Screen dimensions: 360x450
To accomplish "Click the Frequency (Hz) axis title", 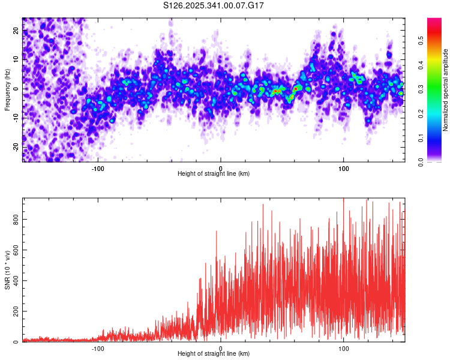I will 7,89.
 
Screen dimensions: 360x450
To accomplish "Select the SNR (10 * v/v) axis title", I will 7,270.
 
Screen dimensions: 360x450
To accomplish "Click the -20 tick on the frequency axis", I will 16,147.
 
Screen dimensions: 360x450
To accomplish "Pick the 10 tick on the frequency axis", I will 16,59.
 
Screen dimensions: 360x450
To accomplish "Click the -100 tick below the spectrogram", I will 98,168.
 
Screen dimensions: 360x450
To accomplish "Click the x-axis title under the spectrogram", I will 214,174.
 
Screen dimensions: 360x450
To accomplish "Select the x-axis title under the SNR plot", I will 214,354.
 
